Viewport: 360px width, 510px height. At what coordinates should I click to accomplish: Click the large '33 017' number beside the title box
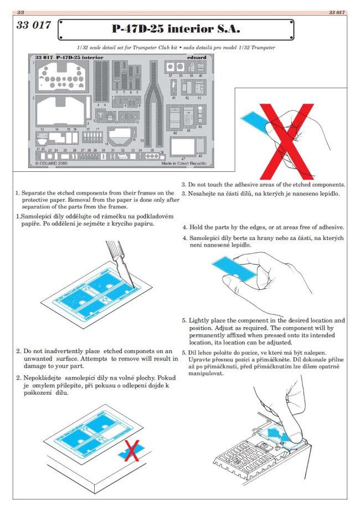(x=34, y=25)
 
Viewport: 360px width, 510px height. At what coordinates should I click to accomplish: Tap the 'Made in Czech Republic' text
(x=183, y=164)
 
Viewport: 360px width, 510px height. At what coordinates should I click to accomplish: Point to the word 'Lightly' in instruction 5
(x=200, y=321)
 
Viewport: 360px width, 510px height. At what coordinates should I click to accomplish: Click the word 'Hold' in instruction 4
(x=197, y=227)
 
